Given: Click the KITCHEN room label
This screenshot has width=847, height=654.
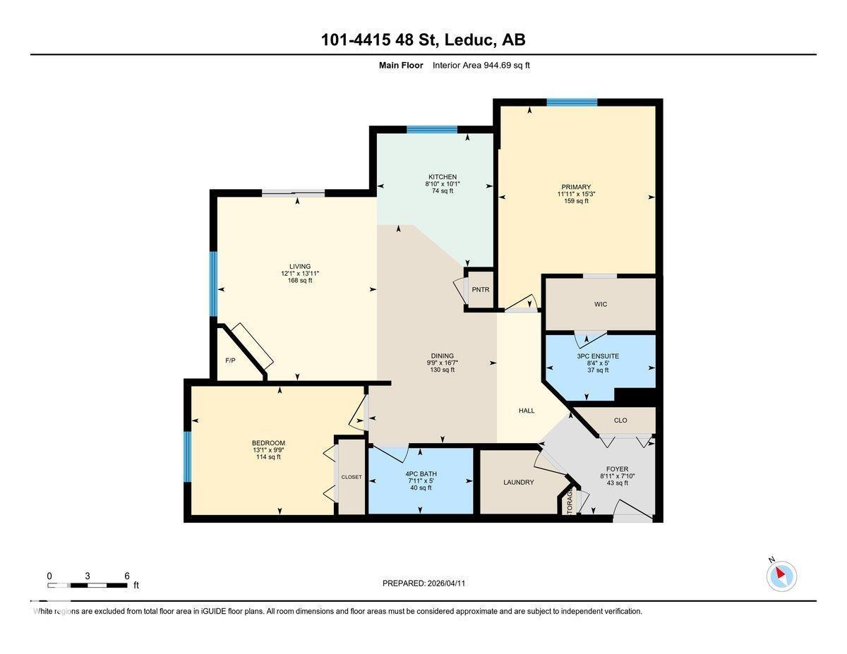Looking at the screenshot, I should point(442,177).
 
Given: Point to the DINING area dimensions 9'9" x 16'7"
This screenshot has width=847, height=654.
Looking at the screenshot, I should point(442,363).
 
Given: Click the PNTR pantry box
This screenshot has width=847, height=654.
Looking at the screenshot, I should point(481,290).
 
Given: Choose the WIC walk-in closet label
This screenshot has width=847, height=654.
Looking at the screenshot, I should point(600,305).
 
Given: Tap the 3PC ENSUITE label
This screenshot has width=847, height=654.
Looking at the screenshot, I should point(598,356).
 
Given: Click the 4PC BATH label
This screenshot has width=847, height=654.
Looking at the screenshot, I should point(421,473).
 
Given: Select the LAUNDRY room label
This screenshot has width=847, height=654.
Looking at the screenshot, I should point(519,483).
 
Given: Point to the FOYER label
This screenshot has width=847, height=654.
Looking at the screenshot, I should point(617,468).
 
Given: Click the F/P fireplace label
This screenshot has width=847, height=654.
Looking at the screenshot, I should point(230,360).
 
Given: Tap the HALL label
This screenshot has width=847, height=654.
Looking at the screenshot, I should point(527,411).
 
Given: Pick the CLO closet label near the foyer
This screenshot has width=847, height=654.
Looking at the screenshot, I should point(620,420).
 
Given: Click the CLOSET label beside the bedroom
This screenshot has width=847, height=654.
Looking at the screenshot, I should point(352,477).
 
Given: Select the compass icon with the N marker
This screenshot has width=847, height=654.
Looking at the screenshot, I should point(781,576).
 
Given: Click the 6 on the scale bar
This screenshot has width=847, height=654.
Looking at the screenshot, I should point(127,576).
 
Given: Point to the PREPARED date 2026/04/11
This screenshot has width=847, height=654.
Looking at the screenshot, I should point(423,583).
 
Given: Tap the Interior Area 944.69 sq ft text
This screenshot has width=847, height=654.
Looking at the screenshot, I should point(481,65).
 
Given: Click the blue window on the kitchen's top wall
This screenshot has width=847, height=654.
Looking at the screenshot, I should point(432,129).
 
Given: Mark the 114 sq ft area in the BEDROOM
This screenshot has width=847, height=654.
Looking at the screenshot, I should point(268,457).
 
